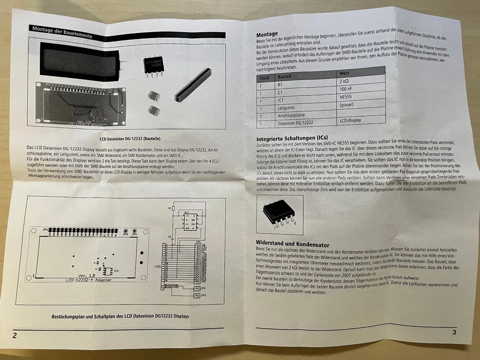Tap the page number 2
[x=14, y=335]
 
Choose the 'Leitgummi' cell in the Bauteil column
[x=288, y=107]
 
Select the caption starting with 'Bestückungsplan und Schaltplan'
[x=120, y=316]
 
